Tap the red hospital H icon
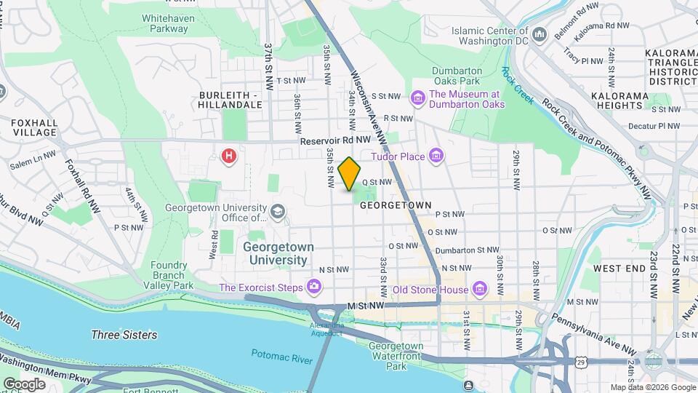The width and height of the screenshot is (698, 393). (x=230, y=156)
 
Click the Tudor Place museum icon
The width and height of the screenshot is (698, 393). (x=436, y=156)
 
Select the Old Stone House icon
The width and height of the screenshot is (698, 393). (x=479, y=290)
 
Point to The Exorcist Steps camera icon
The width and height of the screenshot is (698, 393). (x=313, y=287)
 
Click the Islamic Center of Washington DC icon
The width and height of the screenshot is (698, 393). (x=539, y=35)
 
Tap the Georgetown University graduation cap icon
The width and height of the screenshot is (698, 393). (x=277, y=212)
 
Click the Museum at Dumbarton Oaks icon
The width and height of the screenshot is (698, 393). (x=417, y=98)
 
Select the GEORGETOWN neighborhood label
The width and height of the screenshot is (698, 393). (x=396, y=206)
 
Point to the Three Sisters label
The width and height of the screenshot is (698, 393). (x=124, y=335)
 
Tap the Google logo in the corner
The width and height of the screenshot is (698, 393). (x=24, y=384)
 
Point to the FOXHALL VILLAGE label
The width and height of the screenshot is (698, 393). (x=33, y=128)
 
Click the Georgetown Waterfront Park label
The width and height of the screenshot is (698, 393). (x=396, y=356)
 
